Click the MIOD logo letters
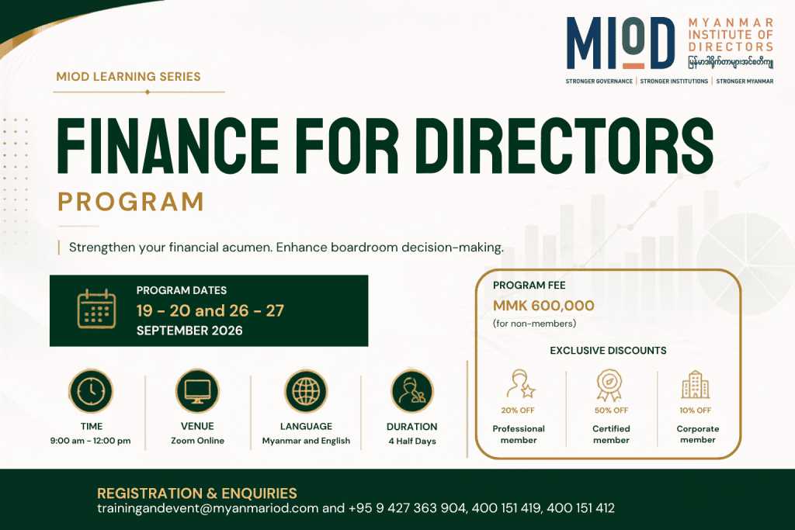click(620, 43)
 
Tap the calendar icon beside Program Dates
click(96, 309)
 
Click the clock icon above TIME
click(92, 391)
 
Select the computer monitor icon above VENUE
click(197, 391)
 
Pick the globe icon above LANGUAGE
click(306, 391)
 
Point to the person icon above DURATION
click(411, 391)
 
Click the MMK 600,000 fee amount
click(543, 306)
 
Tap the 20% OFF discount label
click(518, 410)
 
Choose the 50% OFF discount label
click(611, 410)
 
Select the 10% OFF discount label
click(695, 410)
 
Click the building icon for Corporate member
click(695, 385)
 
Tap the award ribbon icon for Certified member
click(609, 385)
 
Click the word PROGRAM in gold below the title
click(130, 202)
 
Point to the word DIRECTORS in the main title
click(568, 146)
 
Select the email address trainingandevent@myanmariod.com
click(208, 508)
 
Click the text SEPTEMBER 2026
click(189, 331)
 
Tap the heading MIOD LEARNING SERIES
click(128, 77)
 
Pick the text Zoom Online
click(197, 441)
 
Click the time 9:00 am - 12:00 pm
click(90, 441)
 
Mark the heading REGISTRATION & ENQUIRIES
click(197, 494)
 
